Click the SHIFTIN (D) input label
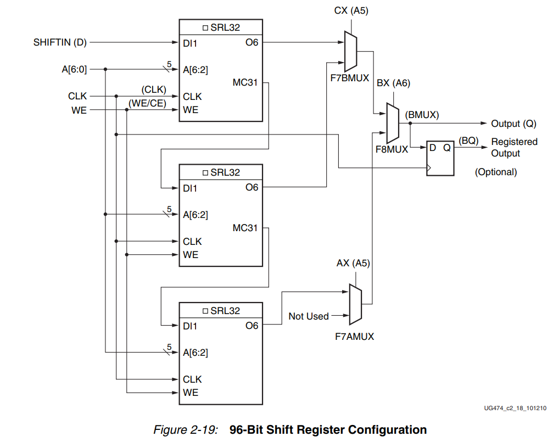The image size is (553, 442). [60, 42]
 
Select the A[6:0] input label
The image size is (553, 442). [74, 69]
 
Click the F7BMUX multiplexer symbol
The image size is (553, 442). [350, 51]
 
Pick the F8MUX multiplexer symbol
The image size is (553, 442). [393, 123]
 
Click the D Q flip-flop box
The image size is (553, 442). [440, 158]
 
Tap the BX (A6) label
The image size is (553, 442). [393, 83]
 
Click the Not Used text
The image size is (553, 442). [309, 316]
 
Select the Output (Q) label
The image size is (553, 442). [513, 124]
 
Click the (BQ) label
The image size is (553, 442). [468, 141]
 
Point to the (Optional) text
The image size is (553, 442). [496, 172]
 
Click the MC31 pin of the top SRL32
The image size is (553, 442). [245, 83]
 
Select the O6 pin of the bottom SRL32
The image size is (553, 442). [252, 326]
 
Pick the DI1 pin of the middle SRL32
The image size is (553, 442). [191, 188]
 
